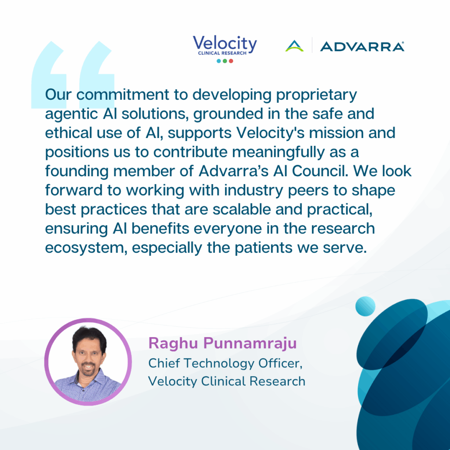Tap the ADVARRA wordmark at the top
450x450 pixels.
[x=362, y=47]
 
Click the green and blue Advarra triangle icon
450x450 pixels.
[x=294, y=46]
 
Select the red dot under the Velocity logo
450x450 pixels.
[x=231, y=61]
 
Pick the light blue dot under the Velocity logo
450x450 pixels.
[x=219, y=61]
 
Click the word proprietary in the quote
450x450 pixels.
[x=316, y=95]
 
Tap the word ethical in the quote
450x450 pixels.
[x=68, y=133]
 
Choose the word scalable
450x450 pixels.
[x=242, y=210]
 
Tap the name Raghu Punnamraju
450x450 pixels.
[x=222, y=343]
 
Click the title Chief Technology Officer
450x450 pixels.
[x=225, y=363]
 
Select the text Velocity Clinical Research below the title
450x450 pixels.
[x=227, y=381]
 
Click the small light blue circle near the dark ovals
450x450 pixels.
[x=365, y=306]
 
